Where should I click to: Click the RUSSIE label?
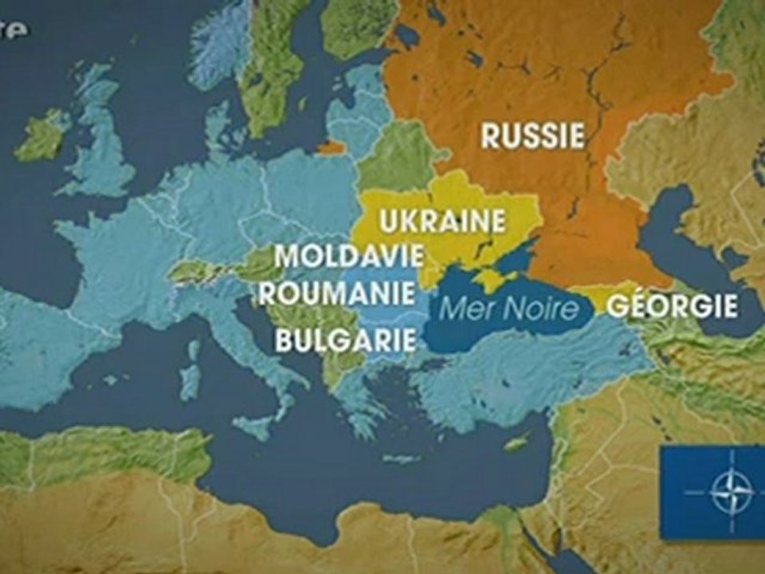click(x=532, y=136)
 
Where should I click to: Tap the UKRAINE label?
click(x=442, y=220)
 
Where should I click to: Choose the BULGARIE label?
click(x=345, y=340)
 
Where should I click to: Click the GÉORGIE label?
click(x=672, y=306)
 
